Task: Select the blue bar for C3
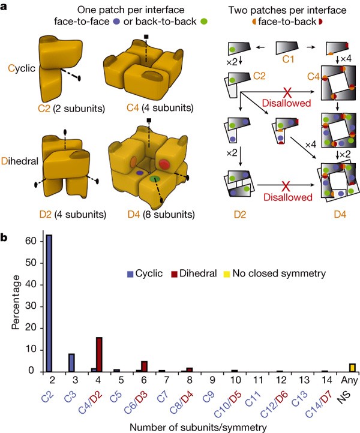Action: pos(71,354)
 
